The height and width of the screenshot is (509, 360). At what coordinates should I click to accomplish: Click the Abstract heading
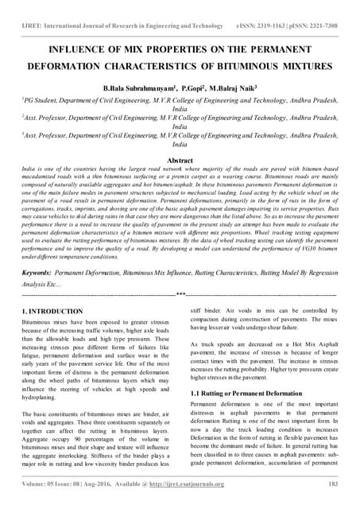tap(180, 160)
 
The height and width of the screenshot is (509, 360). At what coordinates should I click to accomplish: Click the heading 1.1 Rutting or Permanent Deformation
tap(243, 393)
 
